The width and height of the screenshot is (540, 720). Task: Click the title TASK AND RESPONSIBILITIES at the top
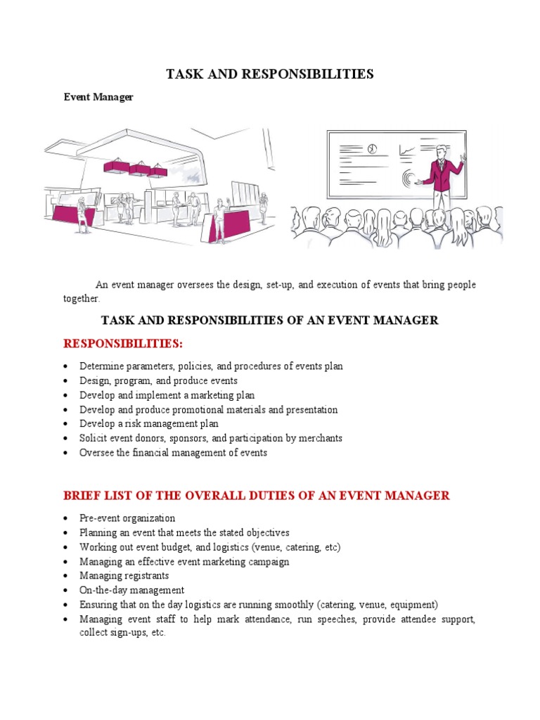tap(269, 74)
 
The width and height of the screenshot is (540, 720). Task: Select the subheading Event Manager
tap(98, 98)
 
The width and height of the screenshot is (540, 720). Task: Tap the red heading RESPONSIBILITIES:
tap(123, 343)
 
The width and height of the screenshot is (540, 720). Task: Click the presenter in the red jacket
tap(442, 176)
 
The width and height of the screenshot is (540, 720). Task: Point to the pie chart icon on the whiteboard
tap(372, 149)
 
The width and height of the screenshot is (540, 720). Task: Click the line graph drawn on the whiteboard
tap(408, 150)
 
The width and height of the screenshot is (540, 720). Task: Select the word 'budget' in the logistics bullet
tap(165, 547)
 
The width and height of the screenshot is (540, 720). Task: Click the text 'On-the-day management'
tap(132, 590)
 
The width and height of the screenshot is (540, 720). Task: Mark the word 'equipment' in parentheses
tap(413, 604)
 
